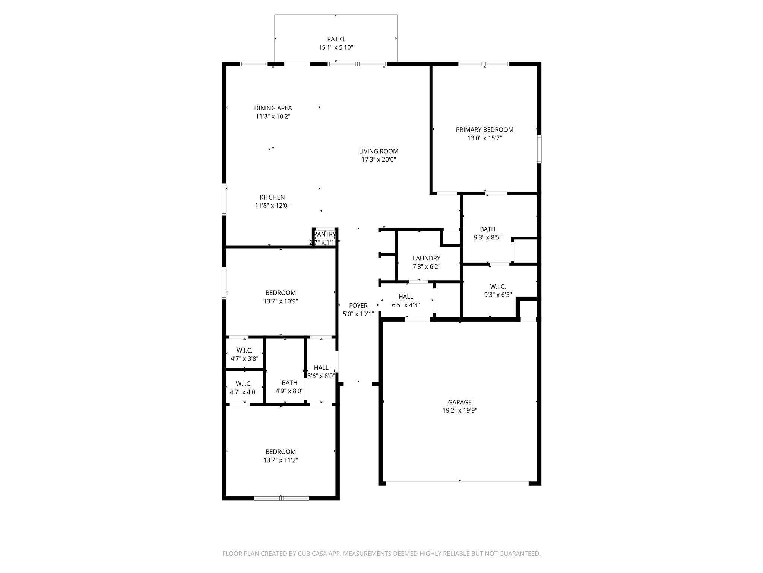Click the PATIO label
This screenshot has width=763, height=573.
pyautogui.click(x=336, y=39)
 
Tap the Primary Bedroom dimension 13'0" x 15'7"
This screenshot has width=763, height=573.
pyautogui.click(x=484, y=138)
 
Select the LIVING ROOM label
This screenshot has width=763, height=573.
pyautogui.click(x=379, y=151)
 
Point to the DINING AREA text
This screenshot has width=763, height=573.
pyautogui.click(x=273, y=108)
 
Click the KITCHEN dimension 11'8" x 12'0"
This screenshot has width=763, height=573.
pyautogui.click(x=272, y=206)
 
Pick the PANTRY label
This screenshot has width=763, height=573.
pyautogui.click(x=324, y=234)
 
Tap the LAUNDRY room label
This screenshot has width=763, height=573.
pyautogui.click(x=426, y=258)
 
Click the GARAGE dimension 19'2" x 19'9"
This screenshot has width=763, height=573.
pyautogui.click(x=459, y=410)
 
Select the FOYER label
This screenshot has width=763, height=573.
pyautogui.click(x=358, y=306)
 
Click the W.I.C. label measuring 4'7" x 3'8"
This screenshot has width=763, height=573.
pyautogui.click(x=244, y=351)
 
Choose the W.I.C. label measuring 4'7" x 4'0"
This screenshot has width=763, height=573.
pyautogui.click(x=244, y=384)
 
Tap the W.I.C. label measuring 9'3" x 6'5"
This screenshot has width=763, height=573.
pyautogui.click(x=498, y=286)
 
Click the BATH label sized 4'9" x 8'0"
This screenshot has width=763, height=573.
pyautogui.click(x=289, y=383)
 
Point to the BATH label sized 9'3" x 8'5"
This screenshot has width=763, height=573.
pyautogui.click(x=487, y=229)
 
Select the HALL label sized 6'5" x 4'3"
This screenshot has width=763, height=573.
pyautogui.click(x=406, y=297)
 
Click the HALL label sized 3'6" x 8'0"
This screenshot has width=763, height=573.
pyautogui.click(x=321, y=368)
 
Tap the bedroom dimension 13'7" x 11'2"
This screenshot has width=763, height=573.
pyautogui.click(x=281, y=460)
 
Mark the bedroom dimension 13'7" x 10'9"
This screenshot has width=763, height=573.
pyautogui.click(x=281, y=301)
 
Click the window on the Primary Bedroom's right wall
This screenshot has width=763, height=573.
pyautogui.click(x=539, y=149)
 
